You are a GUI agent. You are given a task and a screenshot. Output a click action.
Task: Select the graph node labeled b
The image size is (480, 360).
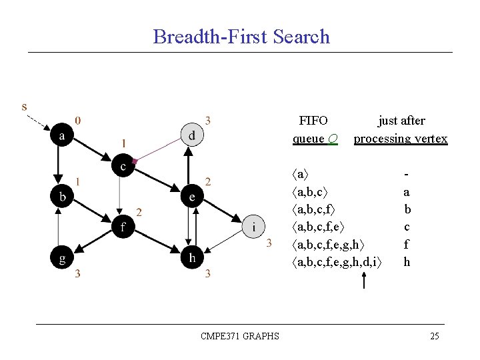coord(63,197)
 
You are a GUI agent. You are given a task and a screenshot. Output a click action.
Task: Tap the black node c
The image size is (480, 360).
coord(123,166)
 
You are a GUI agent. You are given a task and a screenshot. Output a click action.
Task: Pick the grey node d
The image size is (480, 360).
coord(192,135)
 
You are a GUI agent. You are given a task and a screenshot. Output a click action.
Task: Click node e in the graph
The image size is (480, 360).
coord(192,197)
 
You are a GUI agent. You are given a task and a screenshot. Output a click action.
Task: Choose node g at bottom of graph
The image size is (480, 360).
coord(63,258)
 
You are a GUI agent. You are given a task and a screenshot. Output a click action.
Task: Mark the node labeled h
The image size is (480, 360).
coord(192,258)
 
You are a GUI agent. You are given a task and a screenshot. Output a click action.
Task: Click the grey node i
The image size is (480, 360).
coord(253,227)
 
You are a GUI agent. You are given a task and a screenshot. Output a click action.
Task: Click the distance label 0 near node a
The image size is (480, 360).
coord(79,121)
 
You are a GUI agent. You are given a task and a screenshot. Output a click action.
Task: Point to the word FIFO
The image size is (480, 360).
coord(313,121)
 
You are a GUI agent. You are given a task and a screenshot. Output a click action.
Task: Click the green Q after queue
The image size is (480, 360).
coord(332,139)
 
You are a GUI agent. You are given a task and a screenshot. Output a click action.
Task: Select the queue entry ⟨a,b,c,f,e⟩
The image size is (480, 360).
coord(327,227)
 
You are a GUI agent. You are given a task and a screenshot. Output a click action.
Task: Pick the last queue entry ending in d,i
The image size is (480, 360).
coord(337,262)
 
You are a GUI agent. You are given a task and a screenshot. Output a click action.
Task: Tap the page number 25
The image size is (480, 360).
coord(434,336)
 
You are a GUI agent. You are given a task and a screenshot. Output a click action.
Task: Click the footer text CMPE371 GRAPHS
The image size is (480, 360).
coord(239,336)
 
